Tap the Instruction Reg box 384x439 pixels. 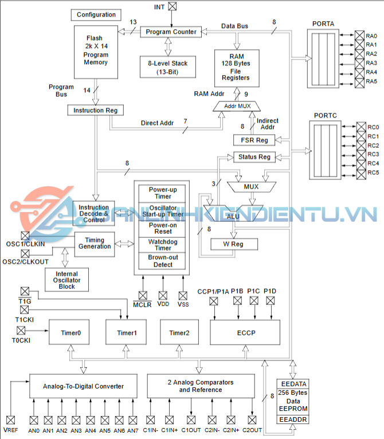pyautogui.click(x=96, y=110)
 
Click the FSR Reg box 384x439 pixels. pyautogui.click(x=254, y=140)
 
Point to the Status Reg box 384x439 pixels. pyautogui.click(x=254, y=157)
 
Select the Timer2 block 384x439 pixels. pyautogui.click(x=179, y=332)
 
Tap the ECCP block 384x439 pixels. pyautogui.click(x=245, y=332)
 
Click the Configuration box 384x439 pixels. pyautogui.click(x=96, y=14)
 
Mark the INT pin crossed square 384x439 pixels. pyautogui.click(x=173, y=7)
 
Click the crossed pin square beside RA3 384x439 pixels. pyautogui.click(x=359, y=63)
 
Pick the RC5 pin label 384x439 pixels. pyautogui.click(x=373, y=173)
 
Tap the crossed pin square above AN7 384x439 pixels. pyautogui.click(x=134, y=420)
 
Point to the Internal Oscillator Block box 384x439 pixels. pyautogui.click(x=67, y=280)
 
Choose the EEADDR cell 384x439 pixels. pyautogui.click(x=293, y=420)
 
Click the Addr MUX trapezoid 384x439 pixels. pyautogui.click(x=237, y=107)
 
